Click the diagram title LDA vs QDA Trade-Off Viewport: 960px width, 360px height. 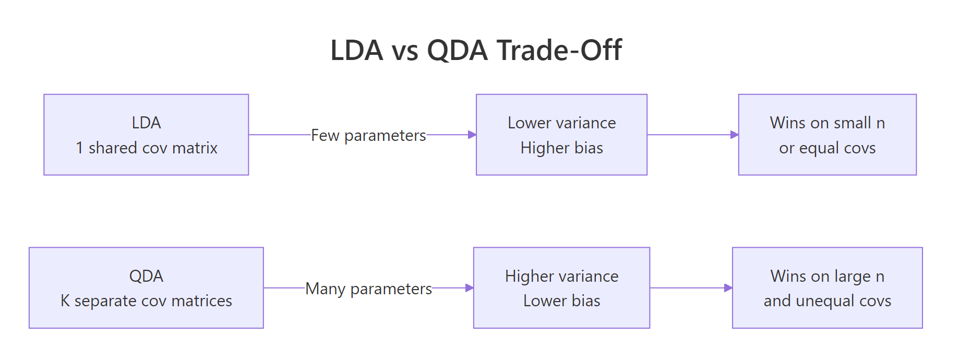(x=476, y=51)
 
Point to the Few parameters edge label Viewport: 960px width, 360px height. (x=368, y=136)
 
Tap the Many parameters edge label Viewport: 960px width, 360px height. (x=368, y=289)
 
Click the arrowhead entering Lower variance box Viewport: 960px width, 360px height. (x=472, y=135)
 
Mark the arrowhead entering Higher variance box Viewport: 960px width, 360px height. (x=470, y=288)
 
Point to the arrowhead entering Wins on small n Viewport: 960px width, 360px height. (x=735, y=135)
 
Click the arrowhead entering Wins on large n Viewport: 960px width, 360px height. (x=728, y=288)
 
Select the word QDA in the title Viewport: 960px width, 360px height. (x=457, y=51)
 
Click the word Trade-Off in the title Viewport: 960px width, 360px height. (x=559, y=51)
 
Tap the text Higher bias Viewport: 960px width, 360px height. (x=561, y=148)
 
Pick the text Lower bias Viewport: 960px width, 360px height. (x=561, y=301)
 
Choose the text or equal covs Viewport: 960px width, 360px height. (x=827, y=148)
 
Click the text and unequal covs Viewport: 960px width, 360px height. (x=827, y=301)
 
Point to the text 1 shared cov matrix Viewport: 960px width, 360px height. (x=146, y=148)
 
